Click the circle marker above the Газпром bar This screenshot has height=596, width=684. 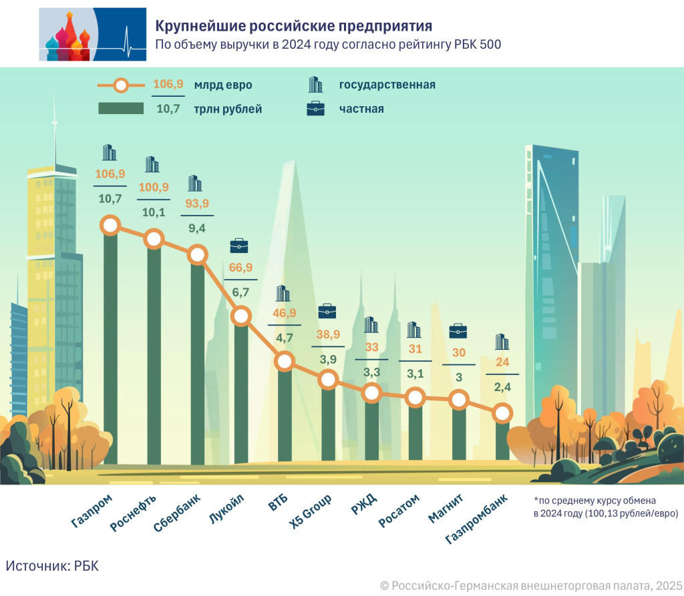[x=110, y=226]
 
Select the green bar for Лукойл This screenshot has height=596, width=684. [x=240, y=394]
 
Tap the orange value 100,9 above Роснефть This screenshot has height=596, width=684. [x=154, y=186]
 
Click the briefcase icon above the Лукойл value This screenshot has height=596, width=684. [x=239, y=246]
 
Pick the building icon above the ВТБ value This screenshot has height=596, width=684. [x=283, y=293]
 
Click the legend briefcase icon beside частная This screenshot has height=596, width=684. [x=315, y=109]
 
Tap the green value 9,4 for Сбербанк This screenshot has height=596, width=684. [x=196, y=229]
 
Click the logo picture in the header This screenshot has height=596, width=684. [x=92, y=35]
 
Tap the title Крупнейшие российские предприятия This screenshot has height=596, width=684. [x=294, y=26]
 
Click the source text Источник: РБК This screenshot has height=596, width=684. [x=52, y=565]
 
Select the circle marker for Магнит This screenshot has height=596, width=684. [x=458, y=400]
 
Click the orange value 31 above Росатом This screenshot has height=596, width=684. [x=415, y=348]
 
